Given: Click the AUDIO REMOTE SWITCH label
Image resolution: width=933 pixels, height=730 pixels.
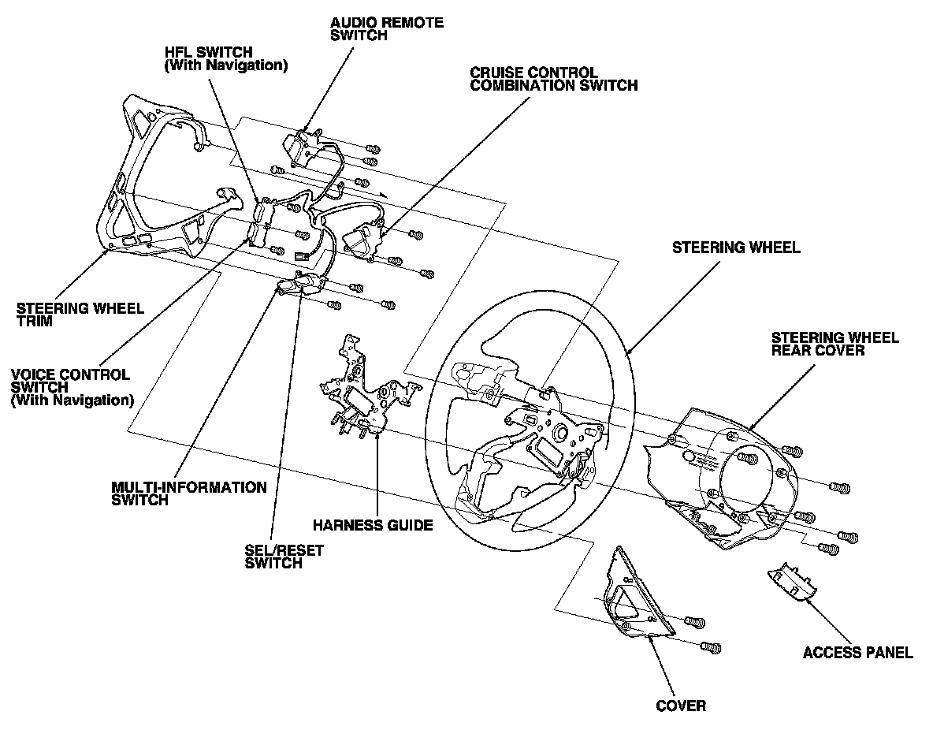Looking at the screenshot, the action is [x=387, y=29].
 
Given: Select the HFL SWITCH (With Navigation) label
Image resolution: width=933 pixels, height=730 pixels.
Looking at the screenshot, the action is [x=225, y=59].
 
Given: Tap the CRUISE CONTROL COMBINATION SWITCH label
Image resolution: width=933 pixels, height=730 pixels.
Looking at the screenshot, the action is [x=553, y=79].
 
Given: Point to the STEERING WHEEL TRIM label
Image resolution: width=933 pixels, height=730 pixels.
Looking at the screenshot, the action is [x=80, y=315].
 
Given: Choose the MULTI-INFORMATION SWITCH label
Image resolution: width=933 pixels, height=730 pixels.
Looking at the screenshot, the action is [x=188, y=493].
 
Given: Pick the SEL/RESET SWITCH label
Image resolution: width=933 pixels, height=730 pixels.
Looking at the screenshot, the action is [x=284, y=557].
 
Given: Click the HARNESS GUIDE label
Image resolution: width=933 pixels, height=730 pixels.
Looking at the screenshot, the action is [x=373, y=525].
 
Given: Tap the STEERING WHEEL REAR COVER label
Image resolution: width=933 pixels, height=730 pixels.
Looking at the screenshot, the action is [x=834, y=345].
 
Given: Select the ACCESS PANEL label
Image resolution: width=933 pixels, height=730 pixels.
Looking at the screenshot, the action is [x=857, y=653].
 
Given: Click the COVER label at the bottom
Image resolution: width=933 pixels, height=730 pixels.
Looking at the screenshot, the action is [x=681, y=706].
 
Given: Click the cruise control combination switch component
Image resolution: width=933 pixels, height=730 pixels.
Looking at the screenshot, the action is [x=364, y=240].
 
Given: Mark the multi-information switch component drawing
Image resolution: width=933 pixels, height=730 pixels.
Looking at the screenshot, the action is [x=300, y=285].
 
